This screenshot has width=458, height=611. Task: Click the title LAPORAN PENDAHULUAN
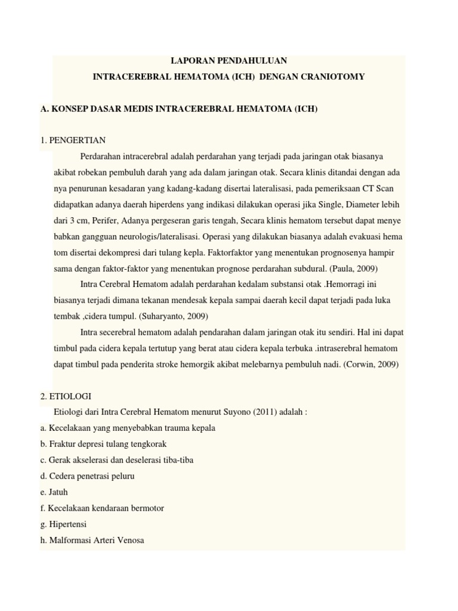[228, 61]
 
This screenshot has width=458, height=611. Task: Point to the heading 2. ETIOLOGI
[67, 396]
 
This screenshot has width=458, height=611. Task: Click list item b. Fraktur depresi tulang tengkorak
[103, 444]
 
